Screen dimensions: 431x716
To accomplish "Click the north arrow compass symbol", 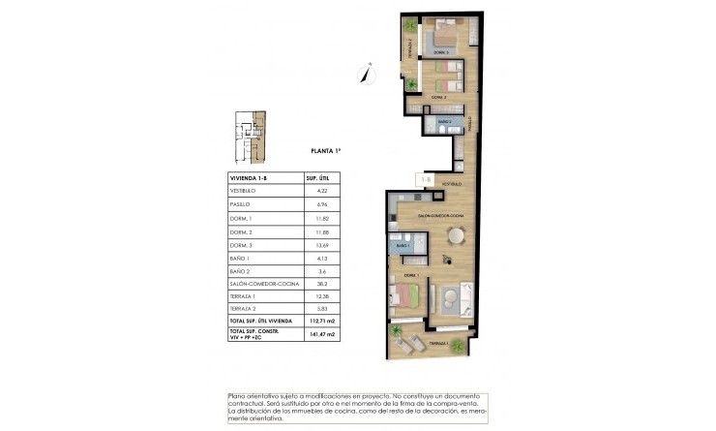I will pos(366,70).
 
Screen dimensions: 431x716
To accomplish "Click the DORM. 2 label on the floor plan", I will pos(437,97).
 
